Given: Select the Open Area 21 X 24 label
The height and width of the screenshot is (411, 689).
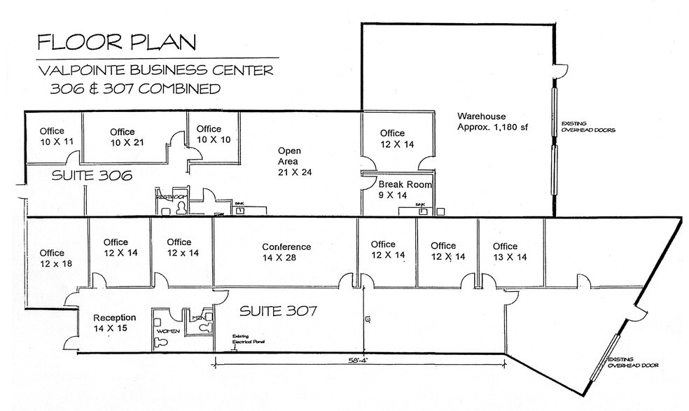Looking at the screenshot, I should (293, 161).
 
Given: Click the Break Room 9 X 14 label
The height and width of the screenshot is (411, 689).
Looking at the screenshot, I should (405, 190).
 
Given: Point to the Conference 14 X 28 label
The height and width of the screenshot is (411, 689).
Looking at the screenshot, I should (286, 253).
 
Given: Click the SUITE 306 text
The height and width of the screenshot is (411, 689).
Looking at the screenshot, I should (92, 176).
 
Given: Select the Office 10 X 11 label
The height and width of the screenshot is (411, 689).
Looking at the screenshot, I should (52, 137).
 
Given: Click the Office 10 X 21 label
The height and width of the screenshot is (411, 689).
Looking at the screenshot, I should (122, 137).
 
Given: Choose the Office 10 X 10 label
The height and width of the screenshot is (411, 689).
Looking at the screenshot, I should (209, 134).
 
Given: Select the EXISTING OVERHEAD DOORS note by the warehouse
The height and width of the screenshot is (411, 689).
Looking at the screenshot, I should (583, 127).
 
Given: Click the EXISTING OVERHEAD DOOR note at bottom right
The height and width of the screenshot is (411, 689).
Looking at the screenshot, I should (633, 363).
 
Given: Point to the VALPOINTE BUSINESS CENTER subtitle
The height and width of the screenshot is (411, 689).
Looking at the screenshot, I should (157, 71).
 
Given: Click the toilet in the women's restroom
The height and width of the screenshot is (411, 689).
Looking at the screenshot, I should (161, 341).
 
